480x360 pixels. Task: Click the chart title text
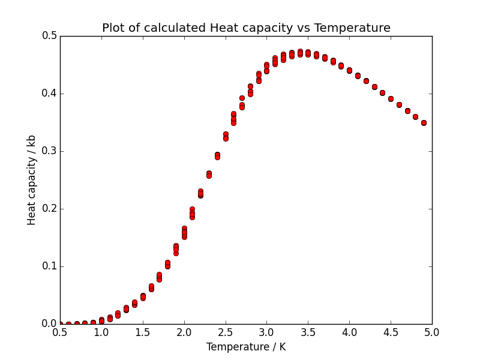coord(246,28)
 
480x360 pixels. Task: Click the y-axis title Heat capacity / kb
coord(32,180)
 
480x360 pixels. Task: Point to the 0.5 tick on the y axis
coord(50,36)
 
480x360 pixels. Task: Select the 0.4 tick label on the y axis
coord(50,94)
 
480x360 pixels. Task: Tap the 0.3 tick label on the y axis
coord(50,151)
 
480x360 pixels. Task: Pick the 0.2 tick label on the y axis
coord(50,209)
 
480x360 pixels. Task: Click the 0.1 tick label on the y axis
coord(50,266)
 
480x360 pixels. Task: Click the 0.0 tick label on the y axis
coord(50,324)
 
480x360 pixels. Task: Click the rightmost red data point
coord(424,123)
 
